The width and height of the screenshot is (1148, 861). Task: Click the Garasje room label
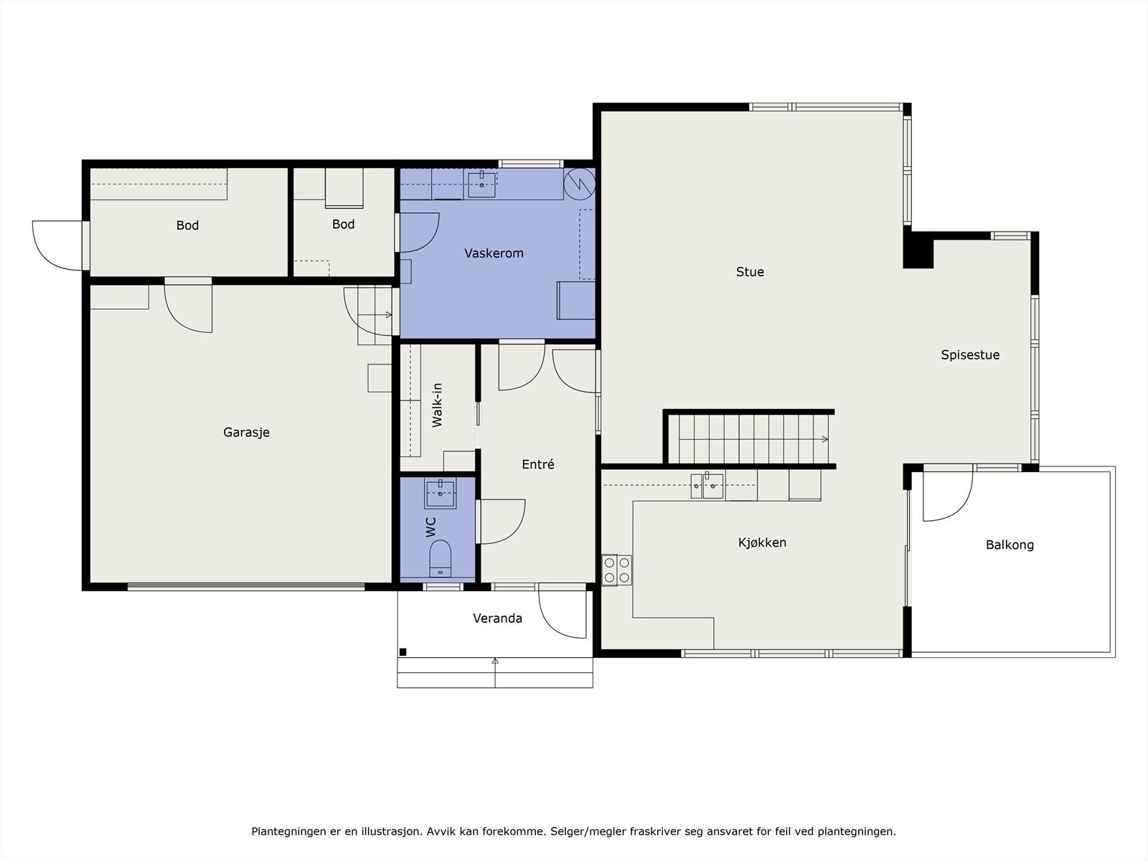coord(246,433)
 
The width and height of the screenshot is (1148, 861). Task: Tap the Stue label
coord(750,272)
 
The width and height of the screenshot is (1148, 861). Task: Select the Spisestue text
coord(970,355)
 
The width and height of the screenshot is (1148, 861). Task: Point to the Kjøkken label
coord(762,542)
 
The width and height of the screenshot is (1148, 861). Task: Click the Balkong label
coord(1010,545)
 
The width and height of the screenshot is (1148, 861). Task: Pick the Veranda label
coord(497,618)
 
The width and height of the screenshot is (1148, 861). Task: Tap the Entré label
coord(537,464)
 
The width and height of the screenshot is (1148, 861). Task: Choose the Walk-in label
coord(437,405)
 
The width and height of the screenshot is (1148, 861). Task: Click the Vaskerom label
coord(494,253)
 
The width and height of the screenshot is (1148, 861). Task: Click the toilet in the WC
coord(440,557)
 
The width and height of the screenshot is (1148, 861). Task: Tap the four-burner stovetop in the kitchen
coord(616,570)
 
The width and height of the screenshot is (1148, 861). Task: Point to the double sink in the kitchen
coord(707,486)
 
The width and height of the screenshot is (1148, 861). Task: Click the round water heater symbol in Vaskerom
coord(580,184)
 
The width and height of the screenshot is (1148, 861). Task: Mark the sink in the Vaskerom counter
coord(481,184)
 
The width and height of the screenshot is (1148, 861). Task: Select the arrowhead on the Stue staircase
coord(825,439)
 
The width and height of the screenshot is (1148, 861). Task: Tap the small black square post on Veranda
coord(403,652)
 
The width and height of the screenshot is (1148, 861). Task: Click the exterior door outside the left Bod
coord(57,245)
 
